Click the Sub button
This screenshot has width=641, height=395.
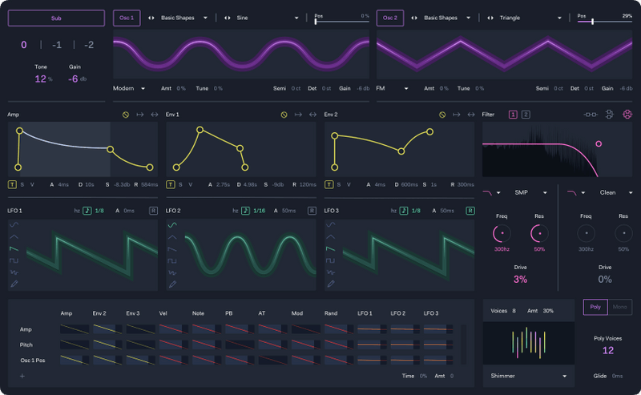coord(56,18)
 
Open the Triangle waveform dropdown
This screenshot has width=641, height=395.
coord(529,18)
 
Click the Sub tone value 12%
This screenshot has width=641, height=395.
coord(42,79)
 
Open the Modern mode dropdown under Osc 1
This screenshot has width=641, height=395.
coord(129,88)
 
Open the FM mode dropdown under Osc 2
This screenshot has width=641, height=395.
coord(393,88)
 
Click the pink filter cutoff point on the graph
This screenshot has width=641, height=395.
coord(599,144)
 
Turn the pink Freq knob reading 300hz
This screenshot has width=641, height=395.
coord(502,233)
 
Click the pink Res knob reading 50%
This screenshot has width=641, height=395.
coord(539,233)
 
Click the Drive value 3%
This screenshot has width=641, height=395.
coord(520,280)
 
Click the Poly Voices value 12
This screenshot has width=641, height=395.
coord(608,350)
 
